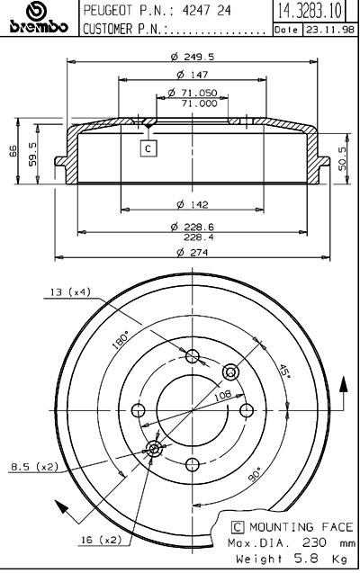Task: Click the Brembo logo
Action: (39, 18)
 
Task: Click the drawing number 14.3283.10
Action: (309, 11)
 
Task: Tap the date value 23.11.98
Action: (329, 30)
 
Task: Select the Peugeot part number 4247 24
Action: (206, 11)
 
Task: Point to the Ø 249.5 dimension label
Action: (193, 57)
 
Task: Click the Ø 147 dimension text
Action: (193, 75)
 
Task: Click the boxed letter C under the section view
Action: (148, 148)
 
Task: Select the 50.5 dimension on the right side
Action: (343, 158)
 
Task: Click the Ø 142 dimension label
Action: (193, 204)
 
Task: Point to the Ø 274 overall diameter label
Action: (193, 252)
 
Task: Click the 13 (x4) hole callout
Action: (70, 292)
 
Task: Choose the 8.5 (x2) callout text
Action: (34, 466)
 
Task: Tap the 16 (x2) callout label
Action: (101, 540)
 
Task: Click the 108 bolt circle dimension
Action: (222, 395)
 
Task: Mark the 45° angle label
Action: (284, 372)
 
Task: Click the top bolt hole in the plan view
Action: (193, 356)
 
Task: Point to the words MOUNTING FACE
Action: (301, 527)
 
